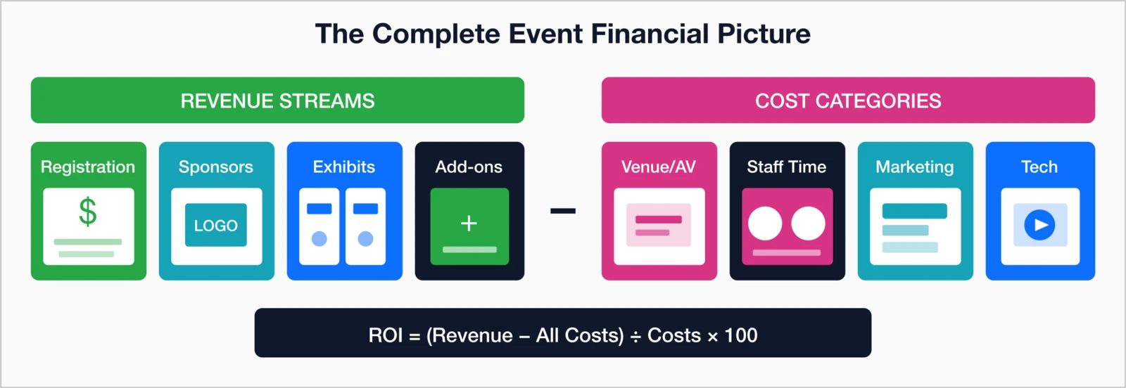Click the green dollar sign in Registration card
(88, 211)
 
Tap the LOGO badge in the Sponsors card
(216, 226)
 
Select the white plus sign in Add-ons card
(469, 224)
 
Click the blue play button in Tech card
(1039, 226)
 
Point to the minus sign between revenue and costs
(563, 211)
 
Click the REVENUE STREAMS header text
(277, 101)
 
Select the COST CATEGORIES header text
(848, 101)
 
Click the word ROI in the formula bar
(386, 335)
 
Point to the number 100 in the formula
(741, 335)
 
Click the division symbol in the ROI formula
(635, 337)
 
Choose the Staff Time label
(786, 167)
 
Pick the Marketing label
(914, 167)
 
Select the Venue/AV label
(658, 167)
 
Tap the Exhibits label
(343, 167)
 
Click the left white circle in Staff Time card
(765, 224)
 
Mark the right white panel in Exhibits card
(365, 226)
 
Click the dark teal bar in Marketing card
(914, 211)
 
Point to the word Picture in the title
(764, 34)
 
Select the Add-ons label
(469, 167)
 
